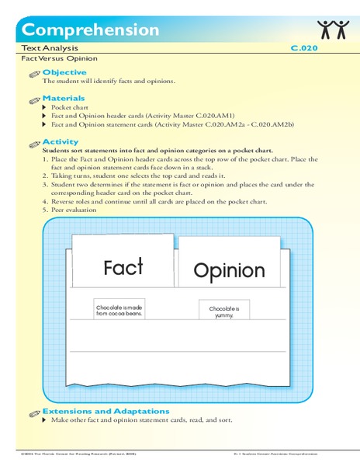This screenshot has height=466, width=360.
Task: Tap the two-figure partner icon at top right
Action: click(x=333, y=30)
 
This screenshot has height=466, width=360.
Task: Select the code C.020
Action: click(x=304, y=47)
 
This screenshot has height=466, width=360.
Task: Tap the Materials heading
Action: click(x=64, y=99)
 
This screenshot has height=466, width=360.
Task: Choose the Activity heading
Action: click(x=61, y=142)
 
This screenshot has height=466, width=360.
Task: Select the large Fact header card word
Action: click(x=123, y=267)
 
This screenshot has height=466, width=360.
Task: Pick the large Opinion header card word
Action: click(x=229, y=271)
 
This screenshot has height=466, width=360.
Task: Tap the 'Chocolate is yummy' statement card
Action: click(x=224, y=312)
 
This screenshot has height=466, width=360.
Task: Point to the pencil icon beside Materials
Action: click(x=33, y=100)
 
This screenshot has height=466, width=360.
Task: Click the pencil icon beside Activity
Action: click(x=33, y=144)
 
